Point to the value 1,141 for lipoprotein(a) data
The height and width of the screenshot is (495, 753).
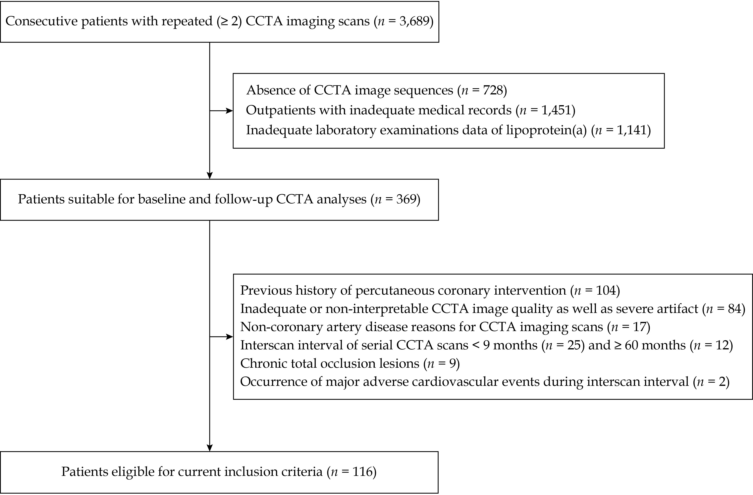coord(631,130)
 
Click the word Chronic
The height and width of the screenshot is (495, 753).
coord(261,363)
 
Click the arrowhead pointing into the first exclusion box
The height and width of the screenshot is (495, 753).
coord(229,111)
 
